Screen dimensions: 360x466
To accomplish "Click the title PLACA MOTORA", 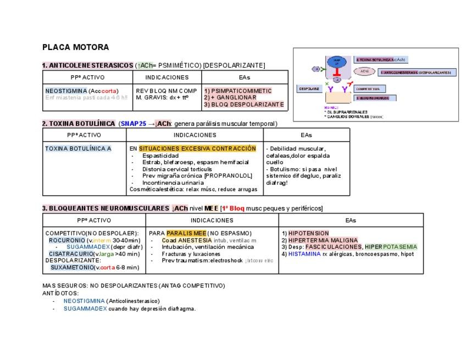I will coord(75,47).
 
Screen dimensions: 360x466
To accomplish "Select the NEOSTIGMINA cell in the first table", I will coord(66,91).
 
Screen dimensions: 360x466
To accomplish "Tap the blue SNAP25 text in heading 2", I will coord(134,124).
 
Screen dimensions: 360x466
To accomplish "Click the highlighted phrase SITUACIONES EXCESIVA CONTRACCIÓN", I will coord(197,148).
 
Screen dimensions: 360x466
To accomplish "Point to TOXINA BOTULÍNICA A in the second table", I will coord(78,148).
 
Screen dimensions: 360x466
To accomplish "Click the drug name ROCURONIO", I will coord(67,240).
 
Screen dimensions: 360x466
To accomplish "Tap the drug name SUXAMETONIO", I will coord(72,267).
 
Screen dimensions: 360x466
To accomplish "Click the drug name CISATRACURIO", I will coord(71,254).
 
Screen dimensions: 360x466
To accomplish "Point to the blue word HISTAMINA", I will coord(304,254).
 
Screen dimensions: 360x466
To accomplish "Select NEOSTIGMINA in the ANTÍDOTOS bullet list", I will coord(84,301).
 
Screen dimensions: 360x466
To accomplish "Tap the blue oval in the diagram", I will coord(337,62).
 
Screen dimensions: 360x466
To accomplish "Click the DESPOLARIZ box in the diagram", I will coord(309,88).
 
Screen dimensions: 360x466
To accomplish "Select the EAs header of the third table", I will coord(351,220).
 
